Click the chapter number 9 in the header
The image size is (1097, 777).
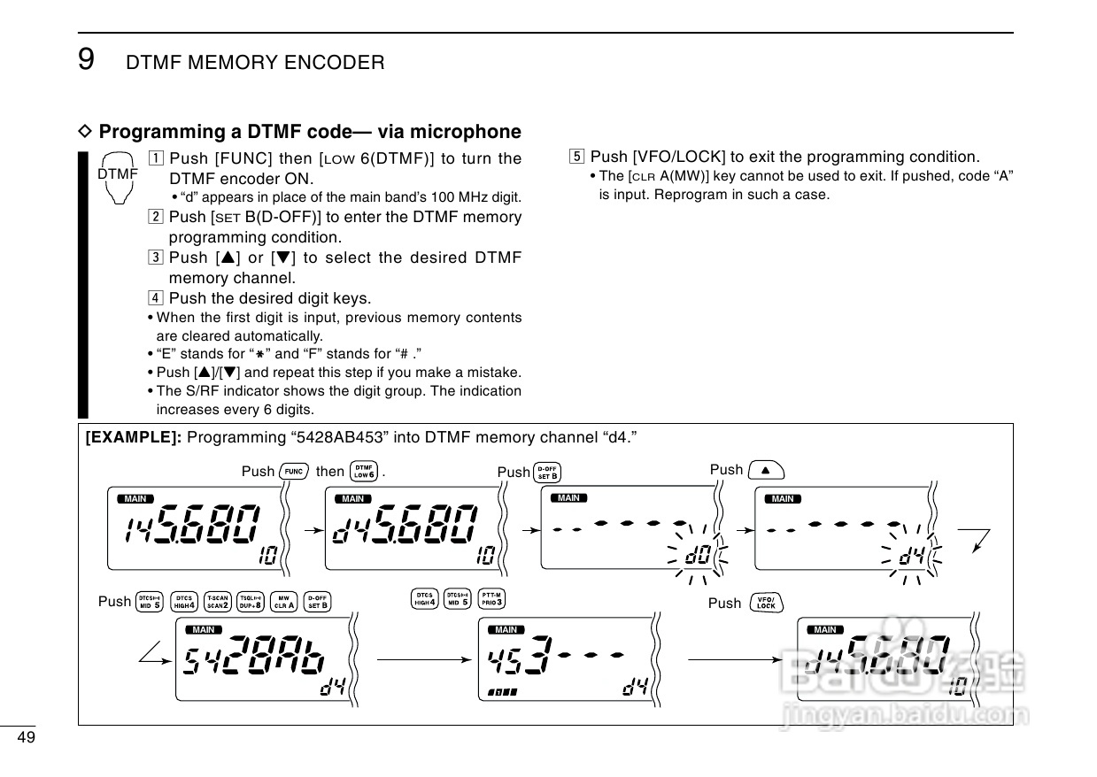(x=86, y=59)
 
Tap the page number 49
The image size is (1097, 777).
(x=26, y=738)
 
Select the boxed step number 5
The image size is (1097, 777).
(x=577, y=158)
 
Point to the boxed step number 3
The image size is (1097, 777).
(x=156, y=258)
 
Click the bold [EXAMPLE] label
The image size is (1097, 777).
(x=134, y=437)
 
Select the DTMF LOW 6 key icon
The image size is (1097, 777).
(x=364, y=471)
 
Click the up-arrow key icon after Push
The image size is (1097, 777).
(x=766, y=470)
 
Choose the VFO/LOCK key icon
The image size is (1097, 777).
(x=766, y=604)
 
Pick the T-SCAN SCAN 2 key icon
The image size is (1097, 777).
(x=218, y=601)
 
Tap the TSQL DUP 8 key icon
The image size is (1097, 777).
(x=251, y=601)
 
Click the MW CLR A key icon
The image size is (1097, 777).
(x=284, y=601)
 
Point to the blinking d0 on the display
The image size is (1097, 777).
(x=698, y=556)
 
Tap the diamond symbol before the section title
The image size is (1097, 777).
(x=86, y=132)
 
